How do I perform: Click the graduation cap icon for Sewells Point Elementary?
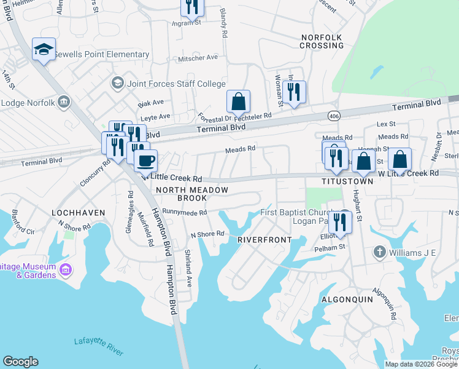click(x=44, y=49)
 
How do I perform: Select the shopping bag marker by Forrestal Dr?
click(x=238, y=101)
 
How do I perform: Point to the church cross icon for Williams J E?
click(x=380, y=252)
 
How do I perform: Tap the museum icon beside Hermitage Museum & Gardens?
click(x=66, y=269)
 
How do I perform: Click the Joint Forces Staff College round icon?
click(x=117, y=83)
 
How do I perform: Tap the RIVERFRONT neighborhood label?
click(x=259, y=239)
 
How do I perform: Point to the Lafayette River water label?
click(x=98, y=346)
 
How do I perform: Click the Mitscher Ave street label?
click(x=198, y=57)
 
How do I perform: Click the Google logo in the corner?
click(x=20, y=362)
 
